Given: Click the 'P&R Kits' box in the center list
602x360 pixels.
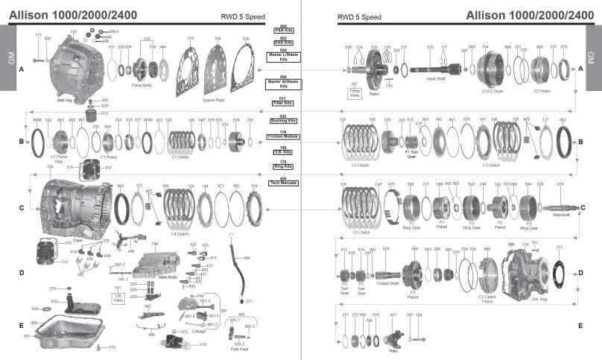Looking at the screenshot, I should [x=283, y=31].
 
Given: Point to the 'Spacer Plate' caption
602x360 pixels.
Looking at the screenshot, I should [x=214, y=99].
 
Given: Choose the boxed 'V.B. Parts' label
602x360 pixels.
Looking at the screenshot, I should [x=118, y=298].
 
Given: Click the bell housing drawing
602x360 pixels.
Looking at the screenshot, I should [x=70, y=63].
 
